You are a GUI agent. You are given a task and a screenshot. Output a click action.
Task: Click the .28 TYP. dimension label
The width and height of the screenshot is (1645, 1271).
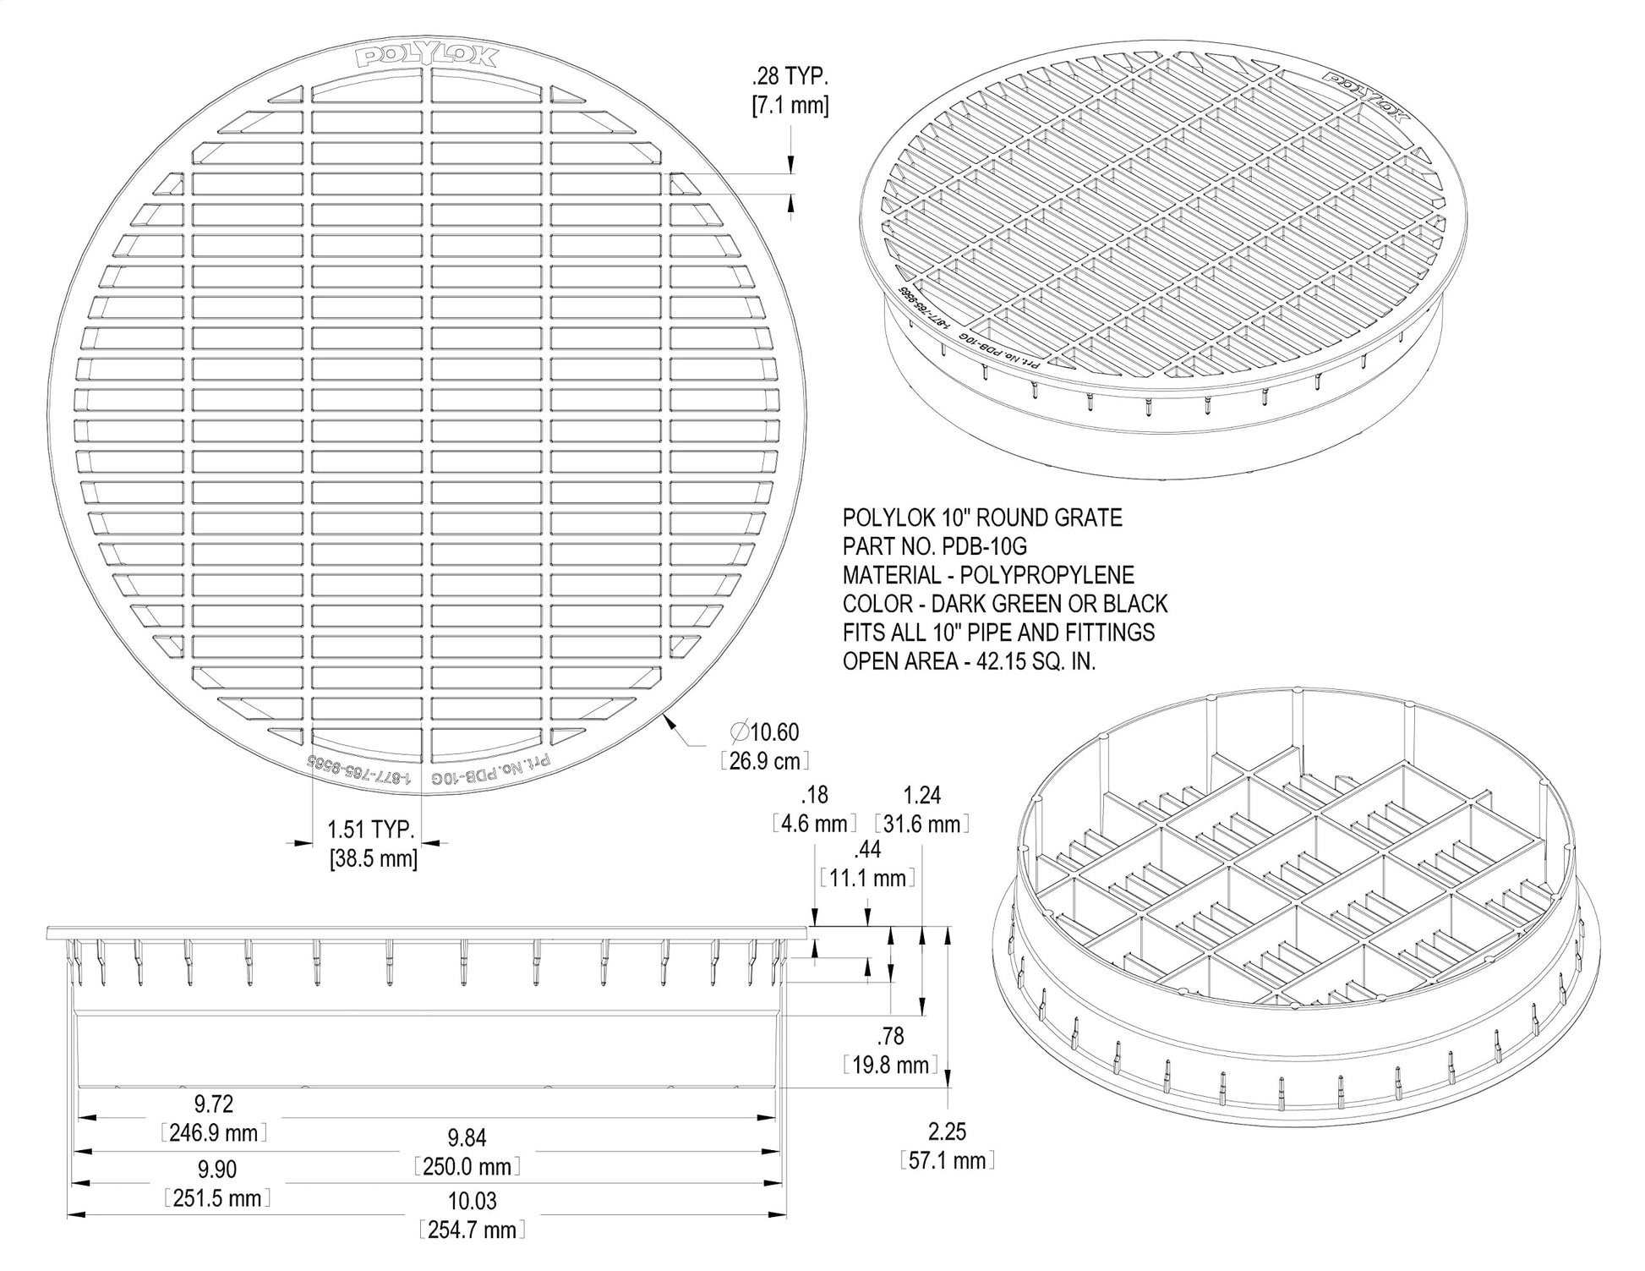pyautogui.click(x=790, y=76)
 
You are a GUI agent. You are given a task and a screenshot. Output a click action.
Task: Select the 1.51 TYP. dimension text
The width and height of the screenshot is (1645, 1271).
pyautogui.click(x=371, y=829)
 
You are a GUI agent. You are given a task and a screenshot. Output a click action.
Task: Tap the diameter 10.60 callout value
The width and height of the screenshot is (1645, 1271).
pyautogui.click(x=764, y=731)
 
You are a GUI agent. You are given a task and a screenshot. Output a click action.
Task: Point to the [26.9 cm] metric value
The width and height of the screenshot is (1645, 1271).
pyautogui.click(x=764, y=760)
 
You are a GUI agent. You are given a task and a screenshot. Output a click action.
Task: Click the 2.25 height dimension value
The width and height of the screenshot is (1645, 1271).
pyautogui.click(x=947, y=1131)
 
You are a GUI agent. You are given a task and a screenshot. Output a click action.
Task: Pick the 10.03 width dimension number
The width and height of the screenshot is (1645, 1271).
pyautogui.click(x=472, y=1201)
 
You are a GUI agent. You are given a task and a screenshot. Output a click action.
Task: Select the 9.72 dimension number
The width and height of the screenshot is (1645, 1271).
pyautogui.click(x=214, y=1104)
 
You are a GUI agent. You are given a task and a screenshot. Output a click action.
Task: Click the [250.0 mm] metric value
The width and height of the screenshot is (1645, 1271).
pyautogui.click(x=467, y=1166)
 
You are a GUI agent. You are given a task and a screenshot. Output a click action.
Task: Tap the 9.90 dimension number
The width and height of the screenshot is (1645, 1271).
pyautogui.click(x=216, y=1169)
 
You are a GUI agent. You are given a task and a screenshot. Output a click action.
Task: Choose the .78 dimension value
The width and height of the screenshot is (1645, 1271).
pyautogui.click(x=891, y=1036)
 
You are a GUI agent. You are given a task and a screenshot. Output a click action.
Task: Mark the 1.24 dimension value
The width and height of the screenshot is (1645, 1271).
pyautogui.click(x=921, y=795)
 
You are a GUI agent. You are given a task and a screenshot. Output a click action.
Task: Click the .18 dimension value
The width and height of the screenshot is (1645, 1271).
pyautogui.click(x=815, y=795)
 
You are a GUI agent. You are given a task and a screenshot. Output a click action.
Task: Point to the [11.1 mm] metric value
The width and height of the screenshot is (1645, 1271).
pyautogui.click(x=867, y=879)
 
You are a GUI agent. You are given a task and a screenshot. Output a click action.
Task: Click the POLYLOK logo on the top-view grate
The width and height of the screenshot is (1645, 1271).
pyautogui.click(x=428, y=58)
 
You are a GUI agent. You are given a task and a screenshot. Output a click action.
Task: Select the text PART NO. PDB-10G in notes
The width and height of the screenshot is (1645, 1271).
pyautogui.click(x=935, y=546)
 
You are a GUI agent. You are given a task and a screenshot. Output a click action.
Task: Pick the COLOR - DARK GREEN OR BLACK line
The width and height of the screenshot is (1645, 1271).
pyautogui.click(x=1005, y=604)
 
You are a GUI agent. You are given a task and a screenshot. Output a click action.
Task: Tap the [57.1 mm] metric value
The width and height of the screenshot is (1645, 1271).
pyautogui.click(x=947, y=1160)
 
